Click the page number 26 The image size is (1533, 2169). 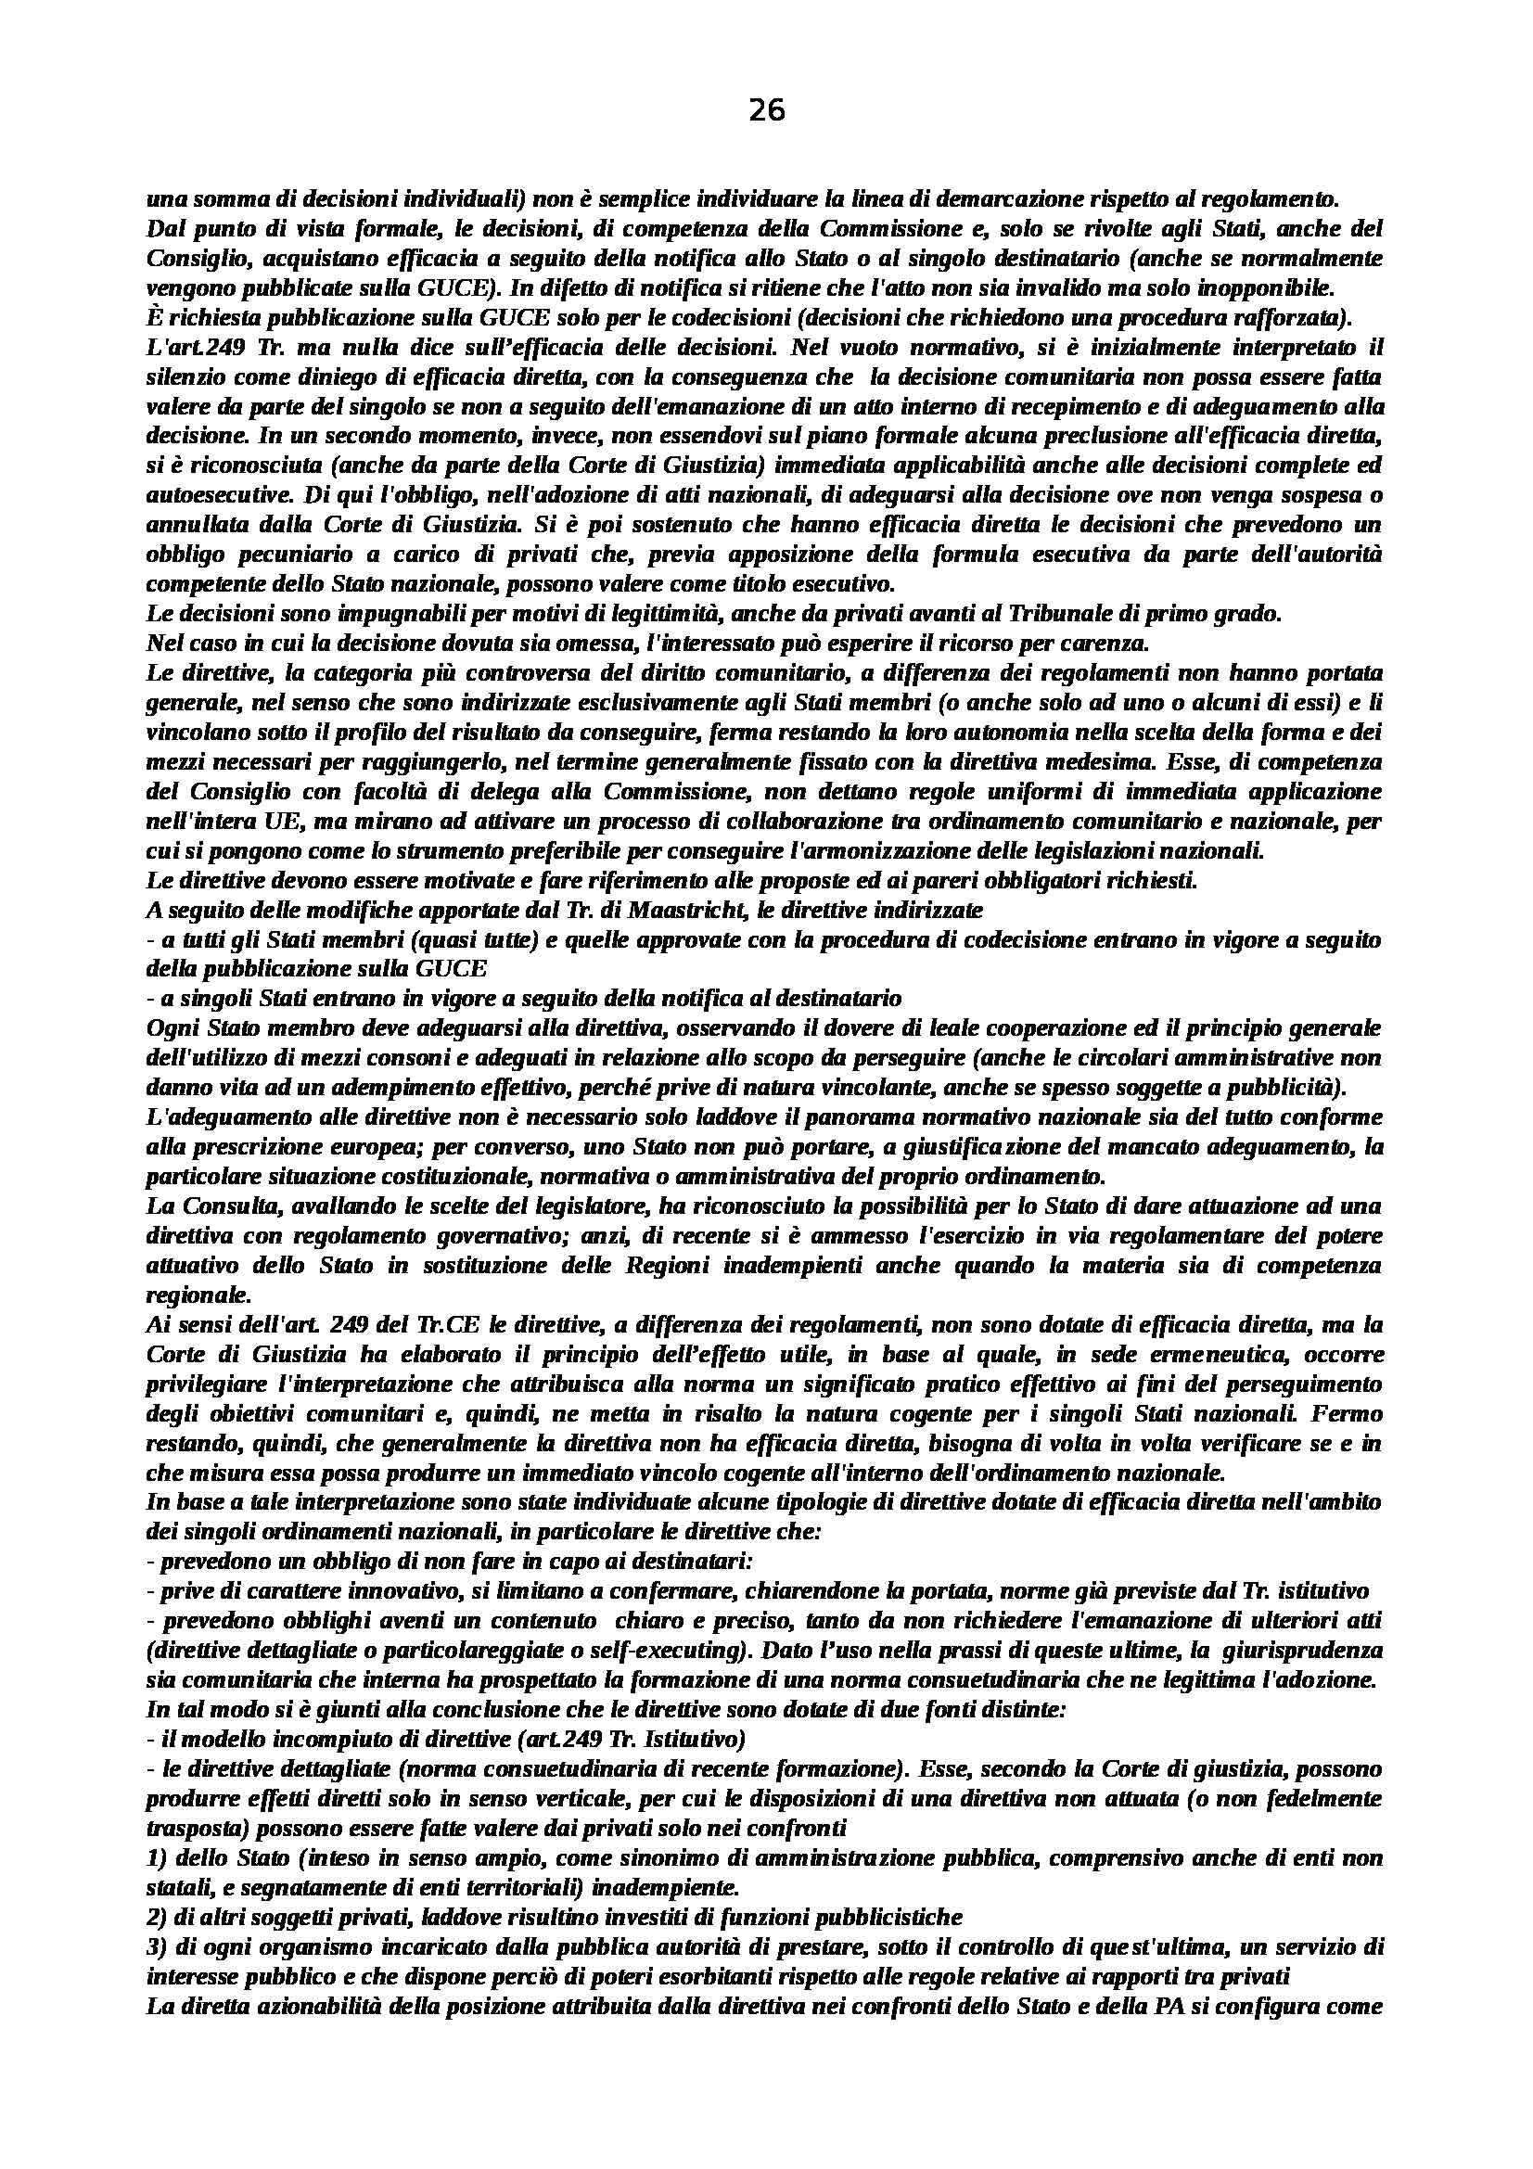point(766,111)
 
